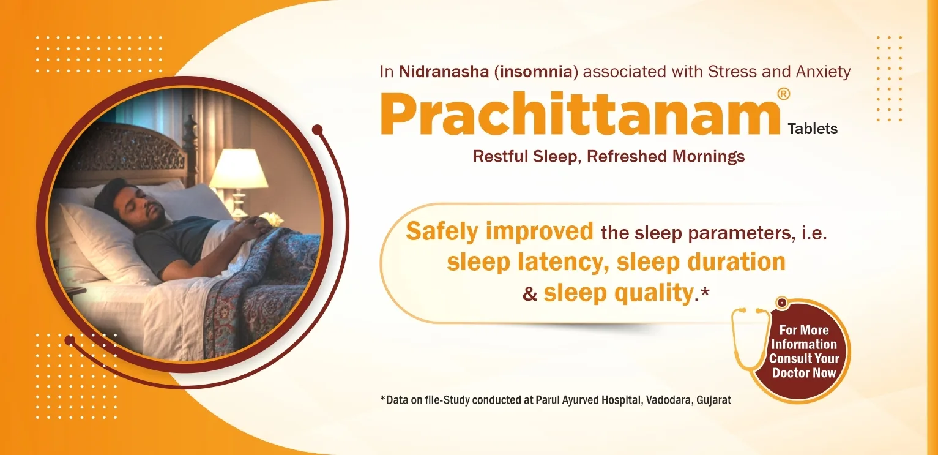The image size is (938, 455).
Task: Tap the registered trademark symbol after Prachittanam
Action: pyautogui.click(x=783, y=94)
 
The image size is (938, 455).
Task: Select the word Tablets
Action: pyautogui.click(x=813, y=129)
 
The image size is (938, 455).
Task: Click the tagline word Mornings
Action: pyautogui.click(x=709, y=156)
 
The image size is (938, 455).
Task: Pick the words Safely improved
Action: pyautogui.click(x=499, y=231)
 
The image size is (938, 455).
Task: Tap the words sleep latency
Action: pyautogui.click(x=527, y=262)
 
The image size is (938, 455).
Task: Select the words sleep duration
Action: pyautogui.click(x=701, y=262)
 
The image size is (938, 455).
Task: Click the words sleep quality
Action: pyautogui.click(x=617, y=293)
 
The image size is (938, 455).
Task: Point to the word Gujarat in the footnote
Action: pyautogui.click(x=714, y=400)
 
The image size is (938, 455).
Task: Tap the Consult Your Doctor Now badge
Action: pyautogui.click(x=804, y=351)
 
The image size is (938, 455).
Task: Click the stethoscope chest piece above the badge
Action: pyautogui.click(x=781, y=303)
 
